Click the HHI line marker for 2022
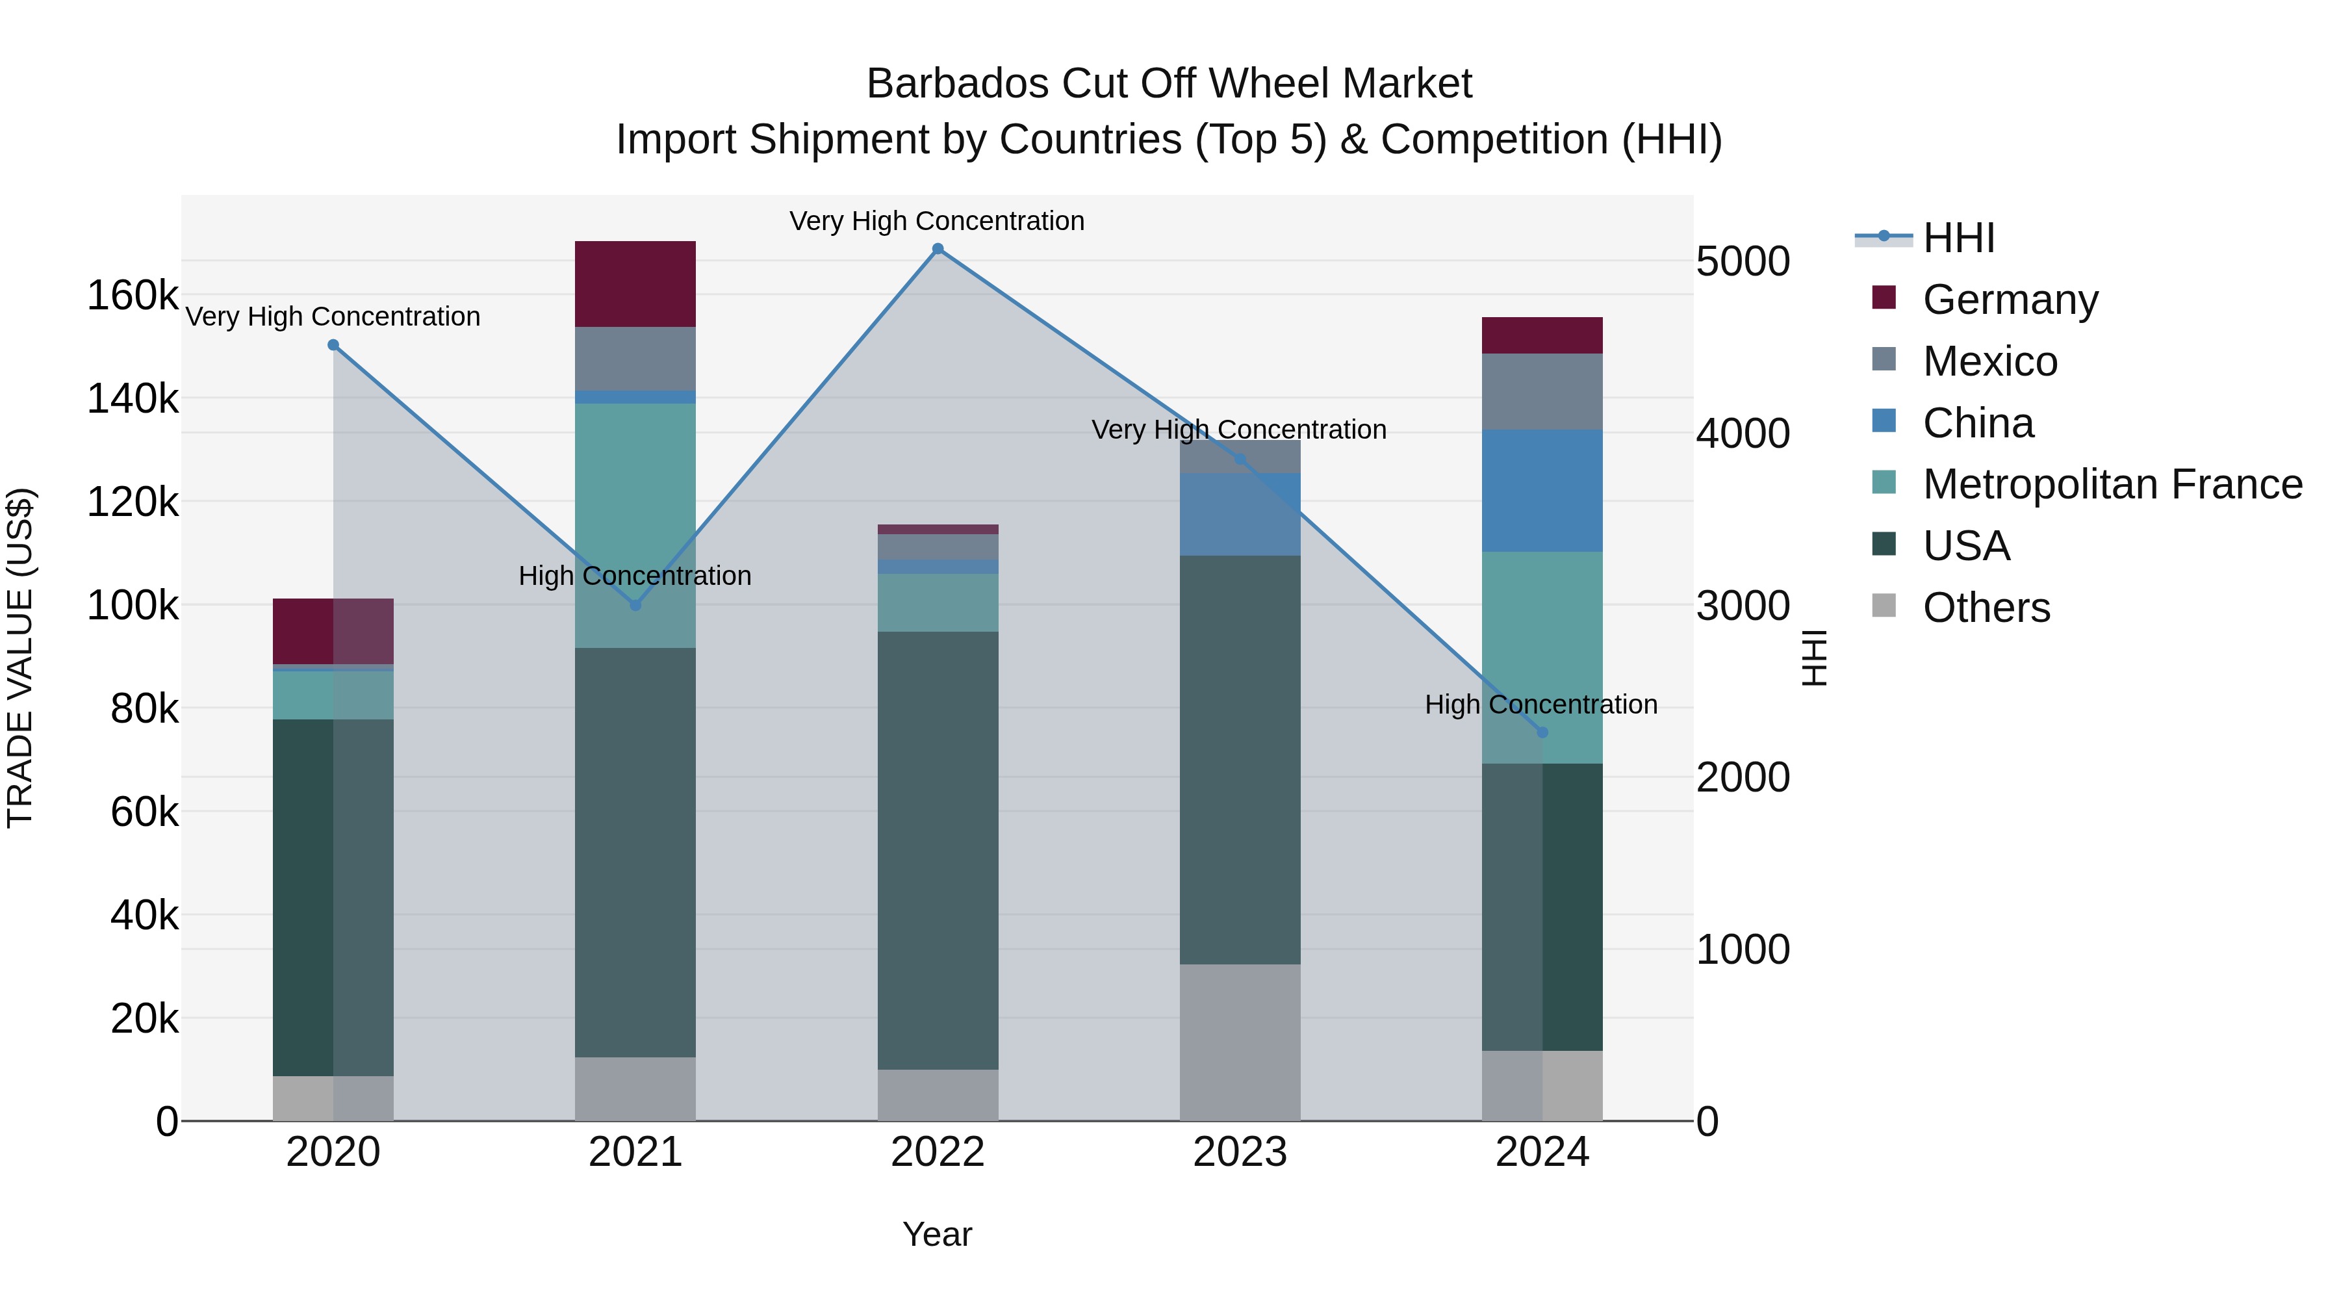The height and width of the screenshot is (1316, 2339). pyautogui.click(x=938, y=249)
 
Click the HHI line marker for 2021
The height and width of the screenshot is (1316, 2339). pyautogui.click(x=635, y=605)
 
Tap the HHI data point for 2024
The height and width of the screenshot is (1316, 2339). pyautogui.click(x=1542, y=732)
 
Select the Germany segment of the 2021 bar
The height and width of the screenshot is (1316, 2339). pyautogui.click(x=635, y=283)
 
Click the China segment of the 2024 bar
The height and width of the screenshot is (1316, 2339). pyautogui.click(x=1542, y=491)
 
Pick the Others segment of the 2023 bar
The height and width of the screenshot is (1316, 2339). pyautogui.click(x=1240, y=1042)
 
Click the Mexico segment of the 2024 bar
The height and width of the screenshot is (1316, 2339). pyautogui.click(x=1542, y=391)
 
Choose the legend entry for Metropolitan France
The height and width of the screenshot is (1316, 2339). pyautogui.click(x=2112, y=484)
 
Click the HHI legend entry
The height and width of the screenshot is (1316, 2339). pyautogui.click(x=1958, y=238)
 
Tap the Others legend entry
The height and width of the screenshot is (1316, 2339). pyautogui.click(x=1986, y=608)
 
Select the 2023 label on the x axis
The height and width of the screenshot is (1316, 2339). pyautogui.click(x=1240, y=1152)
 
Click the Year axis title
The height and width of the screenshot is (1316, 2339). pyautogui.click(x=937, y=1234)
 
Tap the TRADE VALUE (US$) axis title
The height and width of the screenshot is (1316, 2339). pyautogui.click(x=20, y=658)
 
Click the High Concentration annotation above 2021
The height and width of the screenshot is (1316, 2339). pyautogui.click(x=635, y=576)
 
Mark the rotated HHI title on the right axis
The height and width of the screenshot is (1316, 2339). pyautogui.click(x=1813, y=658)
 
